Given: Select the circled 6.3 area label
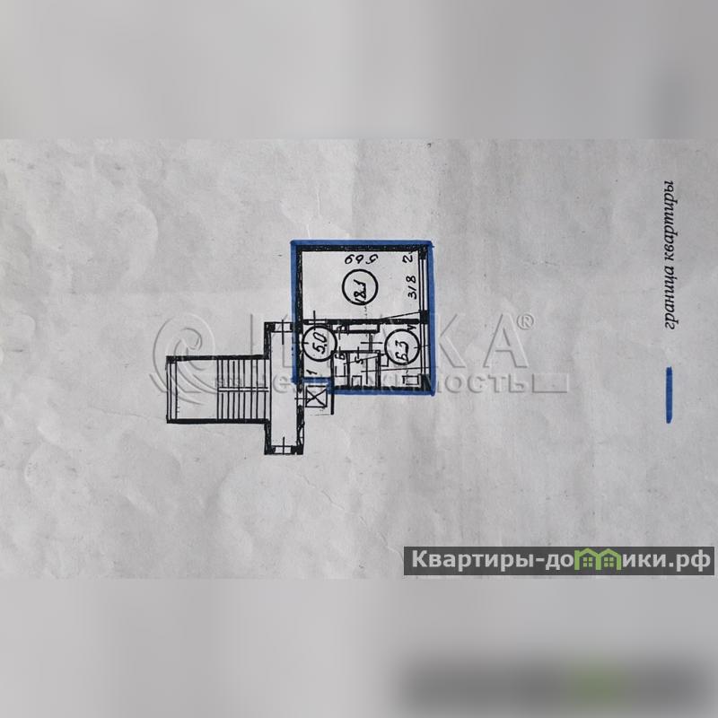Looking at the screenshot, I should [399, 345].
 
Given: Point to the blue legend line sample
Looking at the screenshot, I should [668, 395].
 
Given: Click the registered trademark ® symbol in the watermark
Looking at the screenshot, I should [527, 321].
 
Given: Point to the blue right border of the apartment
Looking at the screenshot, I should [428, 314].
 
